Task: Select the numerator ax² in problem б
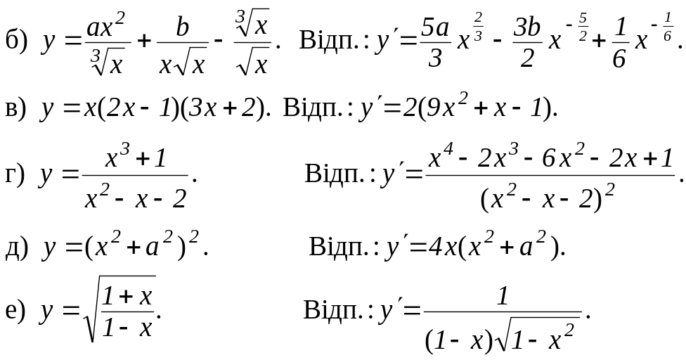[105, 27]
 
